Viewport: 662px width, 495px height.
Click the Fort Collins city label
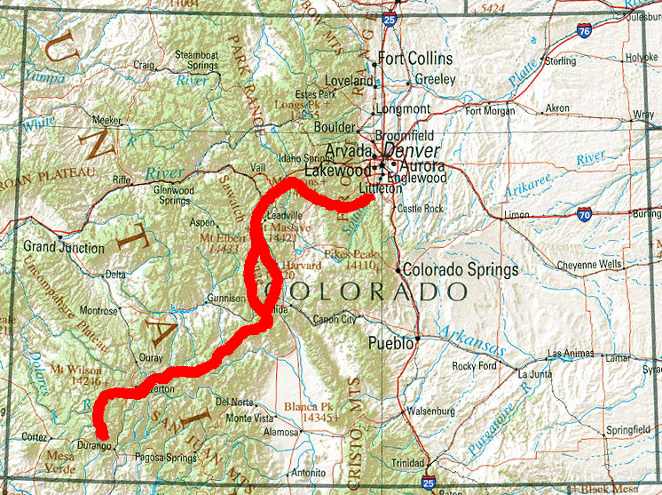coord(415,59)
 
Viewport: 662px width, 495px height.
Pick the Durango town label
coord(91,442)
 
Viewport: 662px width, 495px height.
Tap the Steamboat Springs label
coord(196,60)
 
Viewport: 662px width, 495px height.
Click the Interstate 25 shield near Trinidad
coord(430,483)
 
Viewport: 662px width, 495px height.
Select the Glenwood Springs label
coord(174,195)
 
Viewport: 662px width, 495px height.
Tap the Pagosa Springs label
coord(166,457)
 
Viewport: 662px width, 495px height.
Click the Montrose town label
coord(99,311)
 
